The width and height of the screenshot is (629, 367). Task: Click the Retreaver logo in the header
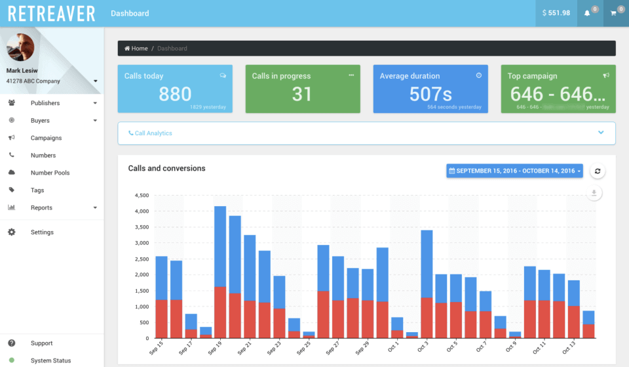pos(52,13)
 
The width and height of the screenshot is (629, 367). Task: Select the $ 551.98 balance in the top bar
pos(556,13)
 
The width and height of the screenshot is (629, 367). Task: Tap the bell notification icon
pos(588,13)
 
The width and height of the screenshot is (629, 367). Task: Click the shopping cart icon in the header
pos(614,13)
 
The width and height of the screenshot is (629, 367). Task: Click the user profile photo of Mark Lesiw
pos(20,48)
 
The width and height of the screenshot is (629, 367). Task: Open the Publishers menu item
pos(45,103)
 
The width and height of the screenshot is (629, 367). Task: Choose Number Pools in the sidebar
pos(50,173)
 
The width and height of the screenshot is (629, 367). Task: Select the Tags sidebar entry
pos(37,190)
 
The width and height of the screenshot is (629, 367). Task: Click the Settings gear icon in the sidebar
pos(12,232)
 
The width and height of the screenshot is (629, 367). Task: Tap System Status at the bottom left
pos(50,360)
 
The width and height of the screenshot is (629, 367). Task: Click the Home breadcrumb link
pos(136,49)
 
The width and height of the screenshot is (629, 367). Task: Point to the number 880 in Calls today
pos(175,94)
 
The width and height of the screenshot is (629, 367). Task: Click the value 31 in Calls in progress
pos(302,94)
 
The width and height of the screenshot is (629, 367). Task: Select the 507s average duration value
pos(430,94)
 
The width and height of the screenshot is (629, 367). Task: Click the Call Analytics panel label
pos(153,133)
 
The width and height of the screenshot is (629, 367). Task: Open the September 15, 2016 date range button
pos(514,171)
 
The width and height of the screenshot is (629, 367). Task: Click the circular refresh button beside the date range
pos(597,171)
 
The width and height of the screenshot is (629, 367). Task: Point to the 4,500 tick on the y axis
pos(141,196)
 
